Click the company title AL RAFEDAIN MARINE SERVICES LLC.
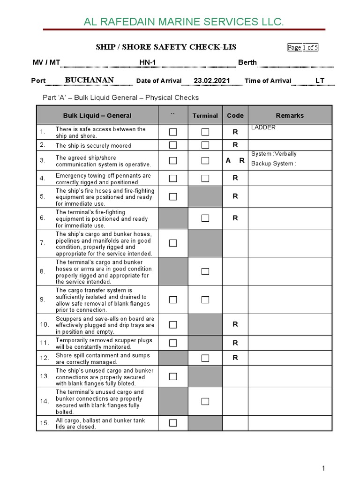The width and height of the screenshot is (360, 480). [183, 22]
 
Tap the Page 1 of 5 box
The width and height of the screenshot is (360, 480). [302, 47]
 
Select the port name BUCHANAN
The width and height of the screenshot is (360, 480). [89, 80]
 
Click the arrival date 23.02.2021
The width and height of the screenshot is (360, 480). [212, 81]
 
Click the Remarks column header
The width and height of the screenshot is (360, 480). [290, 115]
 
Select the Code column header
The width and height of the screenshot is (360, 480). [235, 115]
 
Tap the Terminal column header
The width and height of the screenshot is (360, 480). [205, 116]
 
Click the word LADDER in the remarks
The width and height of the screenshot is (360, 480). [263, 127]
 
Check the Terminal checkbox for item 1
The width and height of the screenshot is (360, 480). [205, 132]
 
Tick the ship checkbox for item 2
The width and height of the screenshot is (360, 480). [173, 145]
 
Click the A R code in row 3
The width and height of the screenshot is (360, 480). [235, 160]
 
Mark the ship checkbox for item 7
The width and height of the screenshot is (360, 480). [173, 243]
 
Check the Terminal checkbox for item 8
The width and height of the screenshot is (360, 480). [205, 271]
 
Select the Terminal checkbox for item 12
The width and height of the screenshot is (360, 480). [205, 358]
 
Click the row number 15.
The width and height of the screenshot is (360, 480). [45, 423]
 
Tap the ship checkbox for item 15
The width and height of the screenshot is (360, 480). [173, 423]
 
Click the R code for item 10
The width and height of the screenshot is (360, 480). [235, 324]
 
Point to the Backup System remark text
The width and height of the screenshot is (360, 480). [274, 164]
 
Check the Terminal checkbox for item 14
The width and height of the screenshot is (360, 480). [205, 401]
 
